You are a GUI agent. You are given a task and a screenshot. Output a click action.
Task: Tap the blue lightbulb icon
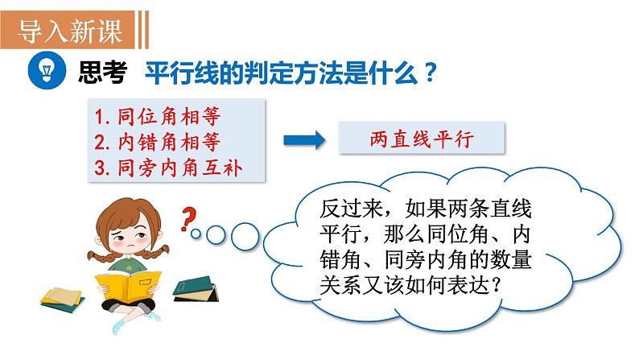pyautogui.click(x=47, y=71)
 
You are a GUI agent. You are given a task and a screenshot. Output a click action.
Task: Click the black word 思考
pyautogui.click(x=103, y=72)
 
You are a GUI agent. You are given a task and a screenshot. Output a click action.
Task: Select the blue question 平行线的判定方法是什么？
pyautogui.click(x=291, y=72)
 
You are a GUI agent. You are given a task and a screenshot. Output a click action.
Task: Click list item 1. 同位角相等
pyautogui.click(x=157, y=117)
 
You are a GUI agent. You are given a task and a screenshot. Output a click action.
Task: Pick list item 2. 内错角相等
pyautogui.click(x=157, y=142)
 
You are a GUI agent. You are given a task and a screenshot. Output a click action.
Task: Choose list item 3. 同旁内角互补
pyautogui.click(x=168, y=168)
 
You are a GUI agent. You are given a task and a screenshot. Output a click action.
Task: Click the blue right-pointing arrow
pyautogui.click(x=304, y=140)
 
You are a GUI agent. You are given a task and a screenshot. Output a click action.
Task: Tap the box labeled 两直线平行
pyautogui.click(x=422, y=139)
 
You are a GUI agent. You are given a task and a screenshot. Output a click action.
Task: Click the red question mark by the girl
pyautogui.click(x=188, y=219)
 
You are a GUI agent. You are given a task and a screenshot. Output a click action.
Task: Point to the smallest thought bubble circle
pyautogui.click(x=196, y=234)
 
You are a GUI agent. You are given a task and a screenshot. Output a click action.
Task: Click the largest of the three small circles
pyautogui.click(x=245, y=237)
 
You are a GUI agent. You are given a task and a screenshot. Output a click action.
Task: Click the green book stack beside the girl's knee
pyautogui.click(x=196, y=289)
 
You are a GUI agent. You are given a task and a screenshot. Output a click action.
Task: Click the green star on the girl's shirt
pyautogui.click(x=129, y=268)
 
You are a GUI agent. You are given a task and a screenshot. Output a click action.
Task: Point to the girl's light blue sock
pyautogui.click(x=118, y=326)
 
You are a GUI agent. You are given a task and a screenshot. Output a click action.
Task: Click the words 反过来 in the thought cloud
pyautogui.click(x=351, y=209)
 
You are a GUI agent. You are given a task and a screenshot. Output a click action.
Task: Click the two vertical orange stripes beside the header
pyautogui.click(x=142, y=30)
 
